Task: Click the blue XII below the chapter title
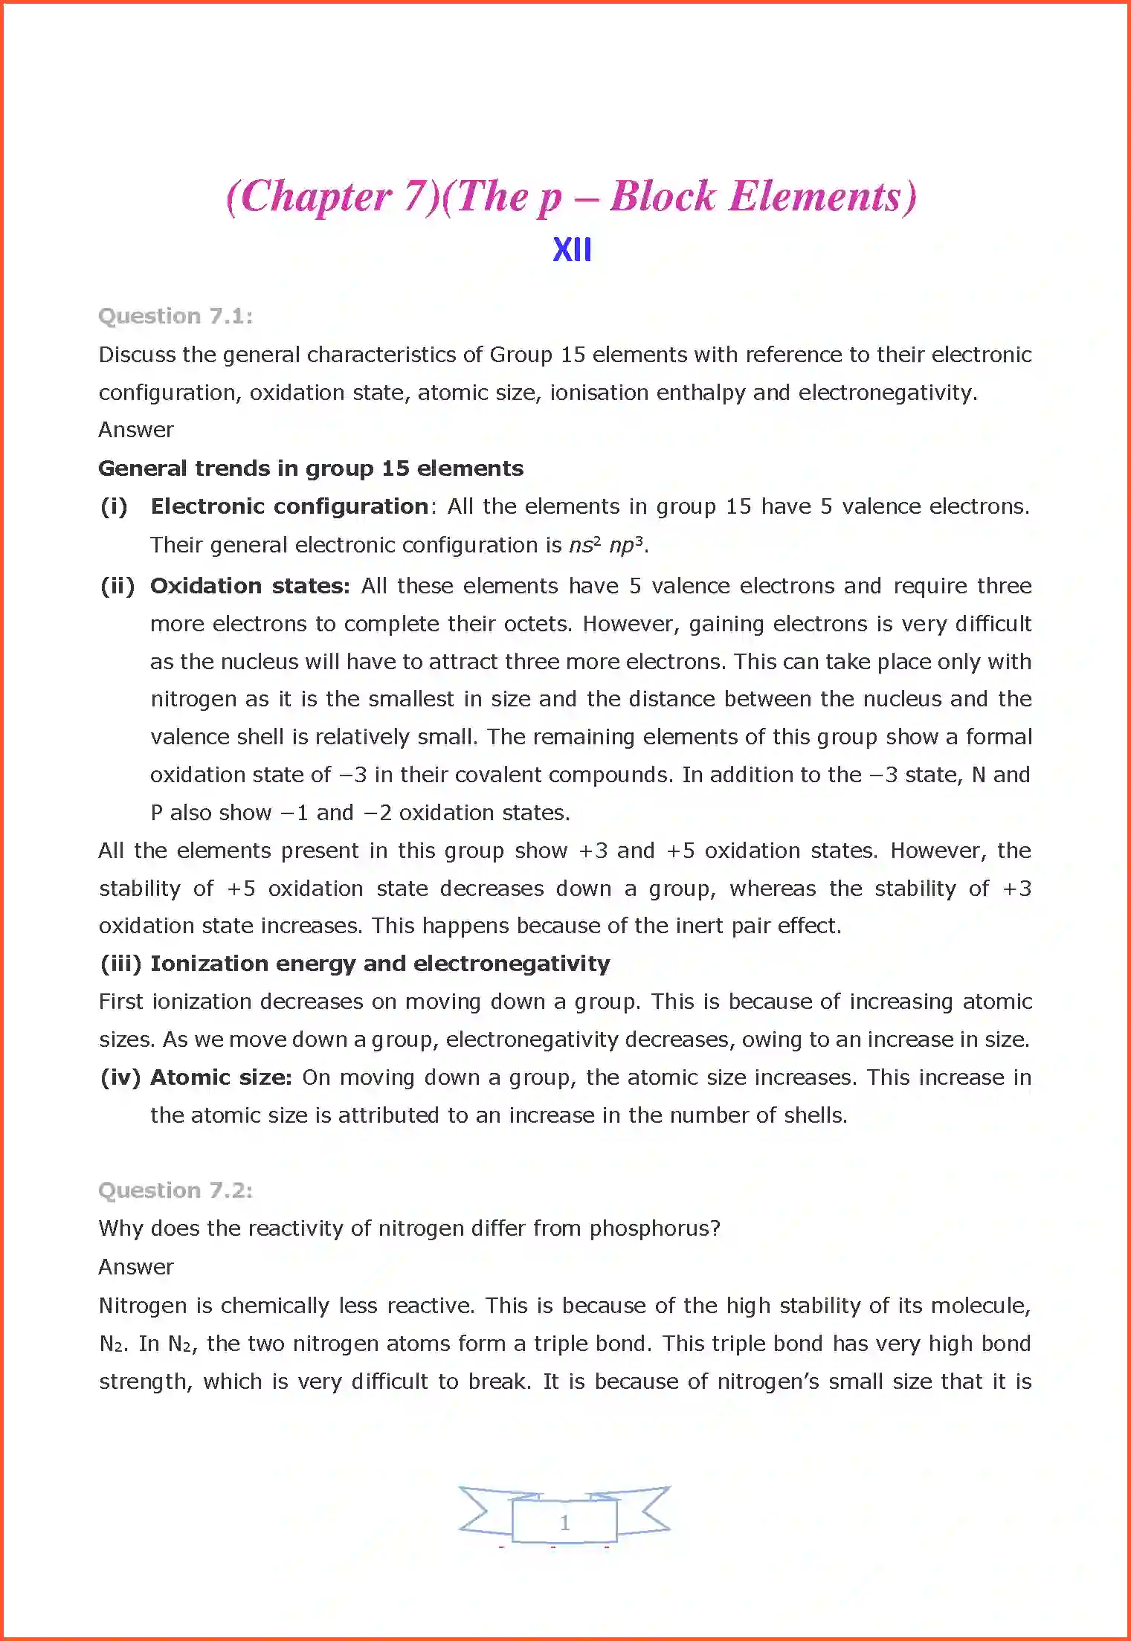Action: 572,250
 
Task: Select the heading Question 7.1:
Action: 175,316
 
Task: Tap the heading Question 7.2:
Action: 175,1190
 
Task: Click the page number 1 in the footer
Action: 565,1522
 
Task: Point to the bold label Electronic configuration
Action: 289,506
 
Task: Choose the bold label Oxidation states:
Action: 250,586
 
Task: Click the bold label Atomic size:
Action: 221,1077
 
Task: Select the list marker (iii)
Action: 120,964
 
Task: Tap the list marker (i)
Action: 114,506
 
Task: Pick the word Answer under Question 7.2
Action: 136,1266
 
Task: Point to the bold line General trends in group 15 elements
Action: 311,468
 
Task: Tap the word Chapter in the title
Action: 316,197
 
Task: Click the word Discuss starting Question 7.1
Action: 137,355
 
